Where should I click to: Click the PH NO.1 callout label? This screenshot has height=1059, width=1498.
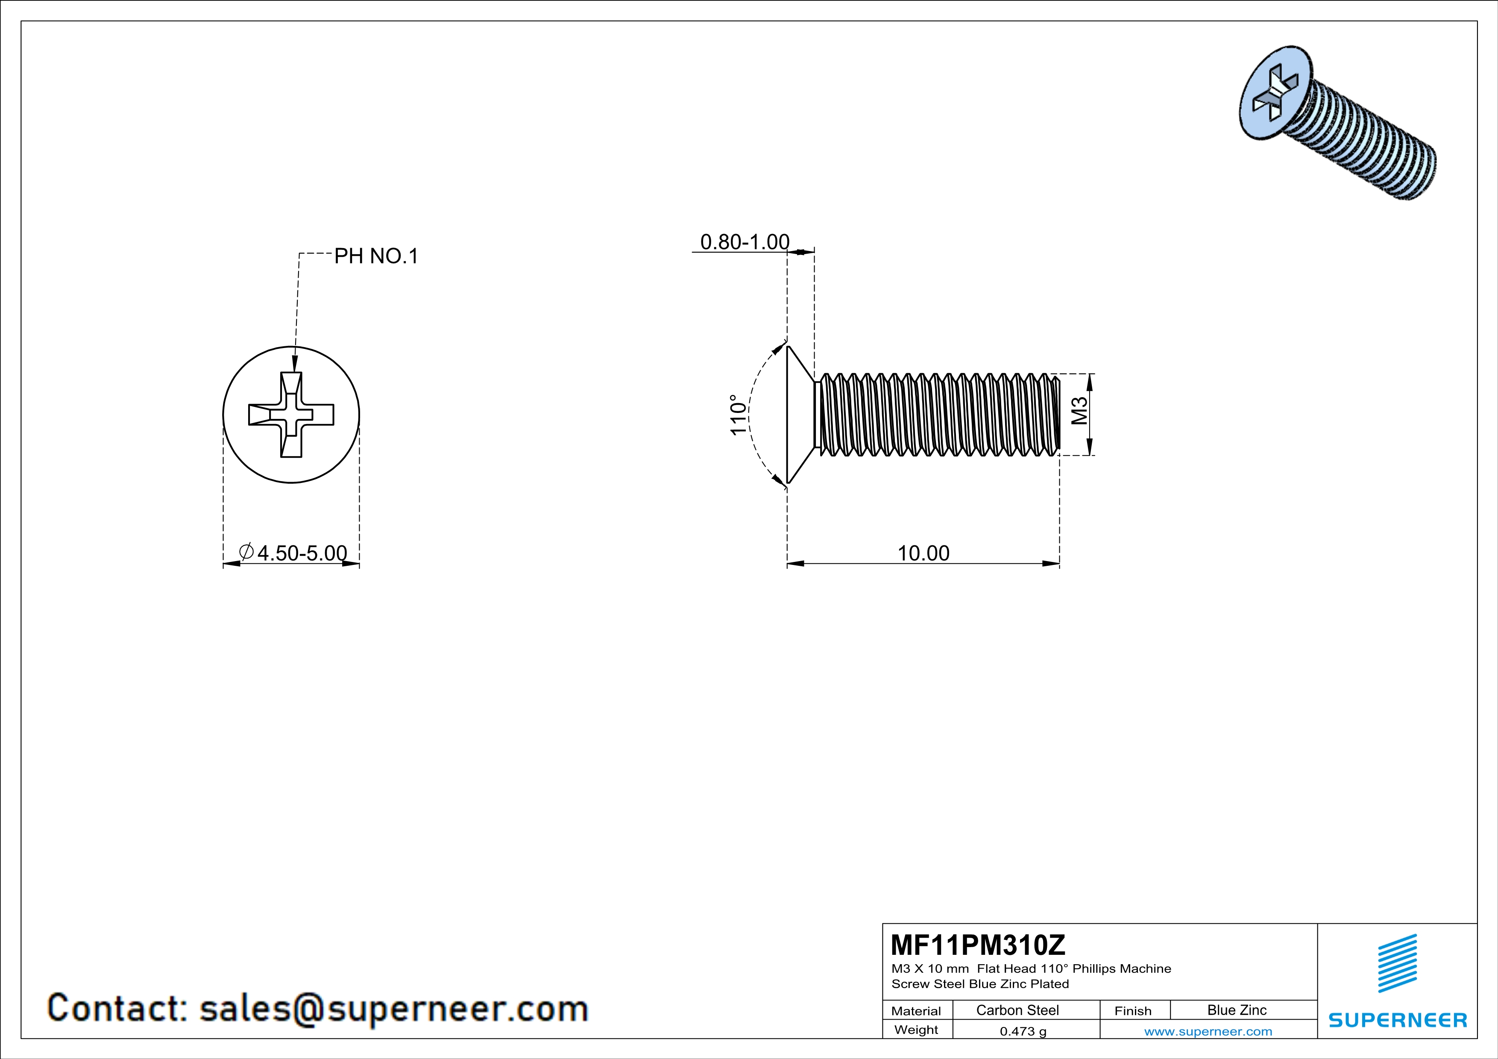coord(376,256)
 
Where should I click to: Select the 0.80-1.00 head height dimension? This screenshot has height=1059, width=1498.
coord(745,242)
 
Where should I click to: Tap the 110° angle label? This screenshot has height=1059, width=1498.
coord(738,415)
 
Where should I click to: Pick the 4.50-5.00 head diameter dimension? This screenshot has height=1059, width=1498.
coord(293,553)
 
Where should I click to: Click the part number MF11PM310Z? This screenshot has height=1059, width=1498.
coord(978,944)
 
